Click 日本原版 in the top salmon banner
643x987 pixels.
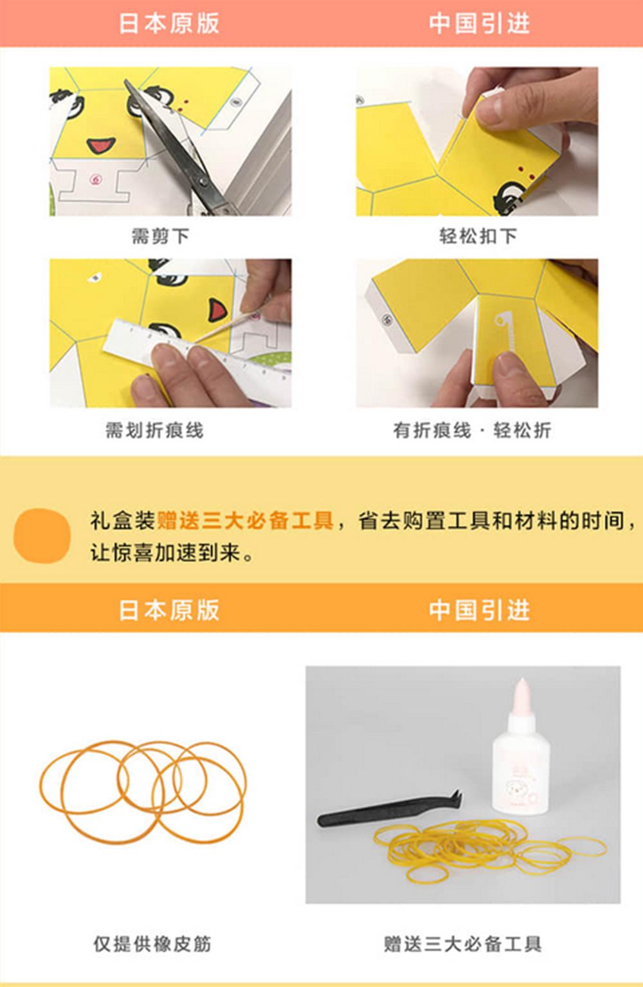[x=168, y=23]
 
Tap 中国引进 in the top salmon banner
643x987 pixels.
[x=479, y=23]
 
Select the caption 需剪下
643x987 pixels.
[x=160, y=236]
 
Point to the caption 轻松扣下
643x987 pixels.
[x=478, y=236]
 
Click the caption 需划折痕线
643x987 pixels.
[x=154, y=430]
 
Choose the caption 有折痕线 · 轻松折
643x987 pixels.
[x=472, y=430]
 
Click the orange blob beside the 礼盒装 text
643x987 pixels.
[x=42, y=535]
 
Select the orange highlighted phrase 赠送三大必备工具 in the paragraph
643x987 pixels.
[x=245, y=520]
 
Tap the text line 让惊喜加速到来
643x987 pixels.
[x=172, y=552]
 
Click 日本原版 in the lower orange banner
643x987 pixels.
[x=168, y=609]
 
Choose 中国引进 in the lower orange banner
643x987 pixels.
[x=479, y=609]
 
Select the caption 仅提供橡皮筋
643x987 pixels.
[x=152, y=943]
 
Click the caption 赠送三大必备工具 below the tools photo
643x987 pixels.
[x=462, y=943]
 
